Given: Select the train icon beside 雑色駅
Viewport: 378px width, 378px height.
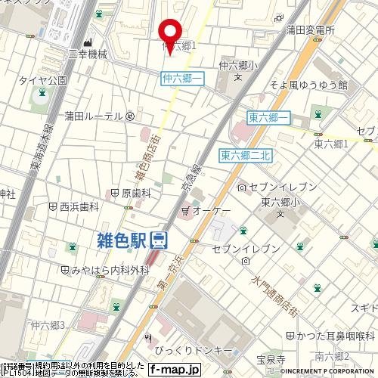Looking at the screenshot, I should point(159,241).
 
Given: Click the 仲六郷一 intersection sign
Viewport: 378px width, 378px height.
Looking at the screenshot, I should point(182,78).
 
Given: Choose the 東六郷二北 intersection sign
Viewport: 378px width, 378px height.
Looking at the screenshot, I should point(246,155).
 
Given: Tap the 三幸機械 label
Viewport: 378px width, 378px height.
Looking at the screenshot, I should point(88,55).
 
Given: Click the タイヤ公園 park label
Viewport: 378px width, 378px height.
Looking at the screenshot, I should point(43,79).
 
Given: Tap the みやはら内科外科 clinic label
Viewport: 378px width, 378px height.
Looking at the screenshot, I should point(105,270).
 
